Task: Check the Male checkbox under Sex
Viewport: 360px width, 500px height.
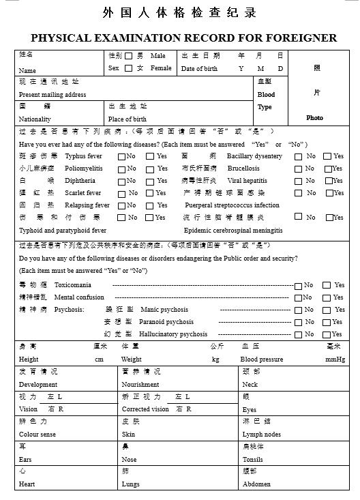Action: [x=129, y=56]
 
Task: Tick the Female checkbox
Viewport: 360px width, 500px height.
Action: [x=129, y=68]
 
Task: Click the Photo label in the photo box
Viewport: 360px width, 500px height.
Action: [x=315, y=118]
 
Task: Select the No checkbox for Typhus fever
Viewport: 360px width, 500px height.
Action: [x=122, y=156]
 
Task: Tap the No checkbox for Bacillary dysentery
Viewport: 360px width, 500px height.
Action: [x=298, y=156]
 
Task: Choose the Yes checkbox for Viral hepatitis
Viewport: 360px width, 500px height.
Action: [x=328, y=181]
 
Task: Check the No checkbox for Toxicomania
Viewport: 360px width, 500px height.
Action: [x=298, y=285]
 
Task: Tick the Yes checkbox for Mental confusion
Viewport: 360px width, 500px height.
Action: [x=327, y=297]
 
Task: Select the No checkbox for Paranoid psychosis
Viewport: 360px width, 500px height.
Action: [x=298, y=322]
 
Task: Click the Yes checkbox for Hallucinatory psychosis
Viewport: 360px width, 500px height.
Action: [x=327, y=334]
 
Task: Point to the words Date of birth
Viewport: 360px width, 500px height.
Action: [x=199, y=69]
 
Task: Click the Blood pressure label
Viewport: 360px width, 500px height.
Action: [x=261, y=359]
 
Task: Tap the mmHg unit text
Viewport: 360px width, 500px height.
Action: [x=335, y=359]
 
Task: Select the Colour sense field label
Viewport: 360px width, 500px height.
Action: [x=37, y=435]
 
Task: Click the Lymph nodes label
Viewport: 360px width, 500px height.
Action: [x=261, y=435]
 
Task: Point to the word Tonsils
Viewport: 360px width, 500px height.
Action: [x=252, y=460]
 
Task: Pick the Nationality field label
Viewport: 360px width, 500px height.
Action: [x=35, y=119]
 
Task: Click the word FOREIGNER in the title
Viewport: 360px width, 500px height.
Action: [x=295, y=38]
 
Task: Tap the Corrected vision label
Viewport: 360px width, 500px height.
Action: [x=145, y=409]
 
